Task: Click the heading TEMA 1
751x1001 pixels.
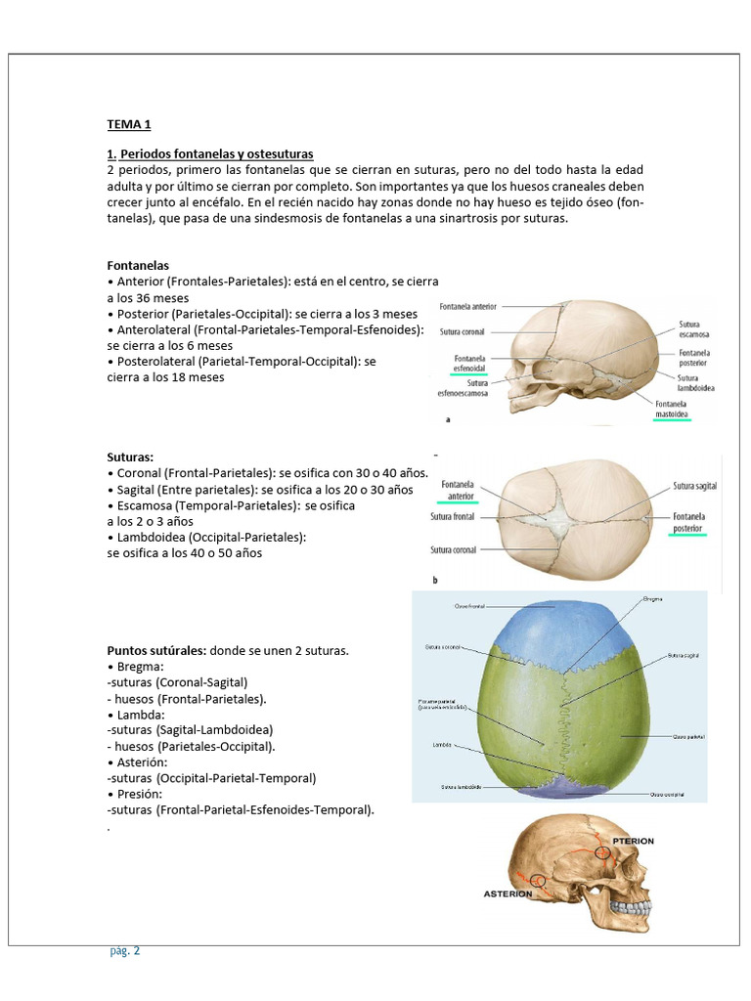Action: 129,125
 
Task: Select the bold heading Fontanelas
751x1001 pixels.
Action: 138,265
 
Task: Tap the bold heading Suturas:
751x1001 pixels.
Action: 130,457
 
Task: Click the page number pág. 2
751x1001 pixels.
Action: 124,950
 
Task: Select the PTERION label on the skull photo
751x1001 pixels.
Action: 633,841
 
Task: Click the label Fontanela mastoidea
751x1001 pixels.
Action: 672,409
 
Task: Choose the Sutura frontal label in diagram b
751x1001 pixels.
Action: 452,516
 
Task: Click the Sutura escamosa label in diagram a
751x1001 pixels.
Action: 696,328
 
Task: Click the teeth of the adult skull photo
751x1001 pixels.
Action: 630,908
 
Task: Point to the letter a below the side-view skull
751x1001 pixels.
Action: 447,419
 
